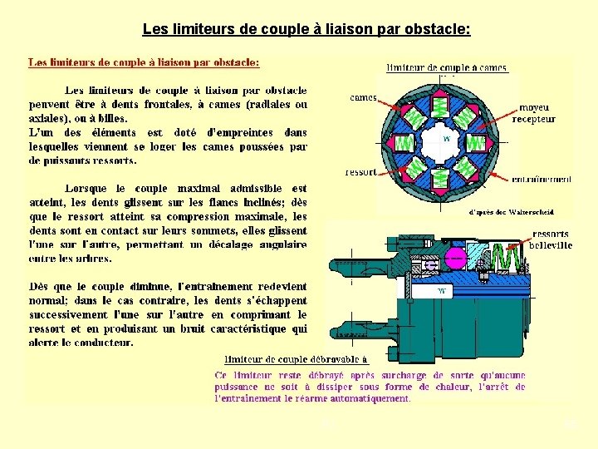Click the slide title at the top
pyautogui.click(x=306, y=30)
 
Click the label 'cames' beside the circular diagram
pyautogui.click(x=362, y=97)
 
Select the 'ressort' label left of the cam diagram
pyautogui.click(x=360, y=172)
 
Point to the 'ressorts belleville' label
pyautogui.click(x=551, y=239)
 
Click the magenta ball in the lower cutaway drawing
pyautogui.click(x=483, y=264)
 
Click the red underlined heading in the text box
pyautogui.click(x=144, y=62)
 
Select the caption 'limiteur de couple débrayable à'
pyautogui.click(x=297, y=360)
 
